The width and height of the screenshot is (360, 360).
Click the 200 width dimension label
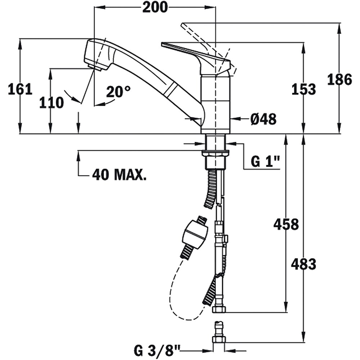tap(155, 8)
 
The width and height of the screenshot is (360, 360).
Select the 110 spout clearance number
tap(51, 103)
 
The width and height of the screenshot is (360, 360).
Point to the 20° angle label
tap(118, 91)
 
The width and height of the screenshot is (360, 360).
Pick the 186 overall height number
tap(339, 80)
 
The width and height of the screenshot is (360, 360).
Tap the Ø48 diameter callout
tap(264, 119)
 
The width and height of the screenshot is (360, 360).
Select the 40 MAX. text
tap(119, 175)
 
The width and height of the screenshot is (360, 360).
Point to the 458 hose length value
tap(286, 224)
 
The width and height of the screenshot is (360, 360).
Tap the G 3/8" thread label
tap(157, 351)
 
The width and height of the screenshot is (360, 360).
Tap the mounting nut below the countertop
tap(215, 153)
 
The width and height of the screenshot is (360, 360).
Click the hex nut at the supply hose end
tap(219, 309)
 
